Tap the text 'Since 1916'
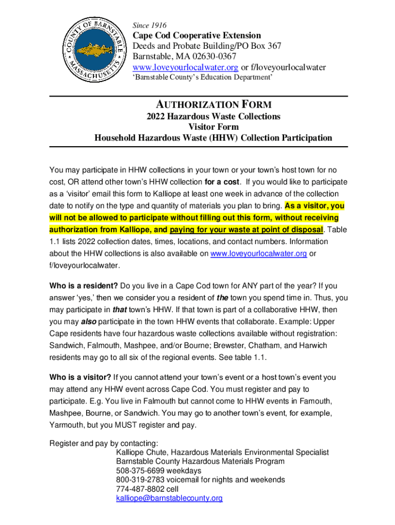tap(149, 25)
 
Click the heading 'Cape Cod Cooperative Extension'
tap(197, 35)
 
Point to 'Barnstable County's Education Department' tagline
tap(203, 77)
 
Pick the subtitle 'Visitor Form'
tap(213, 127)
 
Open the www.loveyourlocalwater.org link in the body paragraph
tap(259, 253)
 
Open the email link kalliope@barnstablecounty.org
tap(169, 498)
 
